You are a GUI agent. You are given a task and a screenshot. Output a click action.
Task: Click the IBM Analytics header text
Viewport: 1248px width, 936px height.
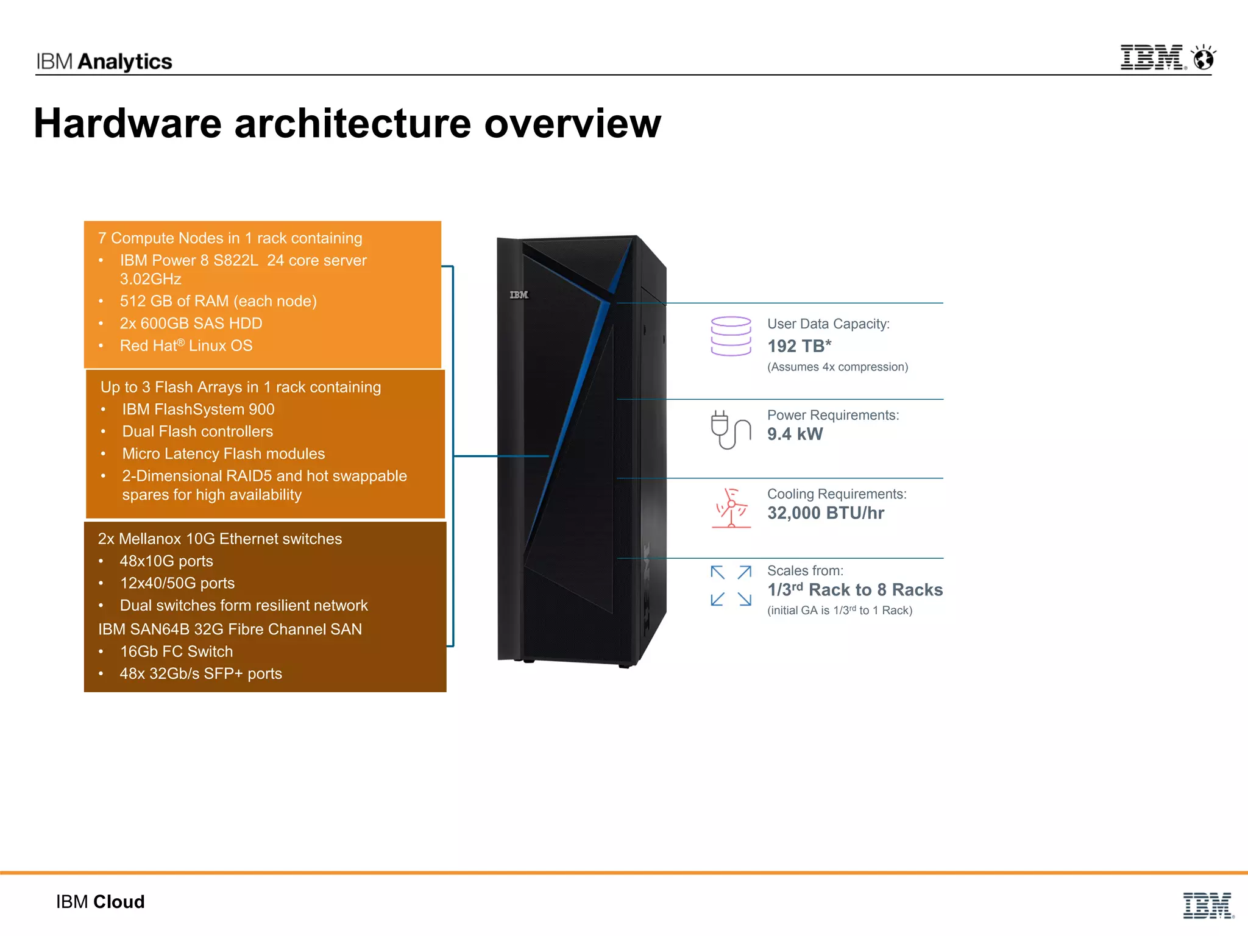click(x=104, y=62)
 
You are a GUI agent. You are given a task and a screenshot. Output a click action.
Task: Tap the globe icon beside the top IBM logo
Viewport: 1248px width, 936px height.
click(x=1204, y=58)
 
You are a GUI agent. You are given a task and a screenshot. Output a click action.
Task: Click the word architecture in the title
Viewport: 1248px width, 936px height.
click(x=353, y=124)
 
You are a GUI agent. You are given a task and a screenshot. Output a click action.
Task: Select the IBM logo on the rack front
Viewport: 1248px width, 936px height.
click(x=519, y=295)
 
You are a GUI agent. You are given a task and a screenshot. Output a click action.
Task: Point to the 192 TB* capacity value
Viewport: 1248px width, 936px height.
click(x=799, y=346)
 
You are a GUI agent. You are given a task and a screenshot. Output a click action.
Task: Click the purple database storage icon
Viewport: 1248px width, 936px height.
click(x=731, y=336)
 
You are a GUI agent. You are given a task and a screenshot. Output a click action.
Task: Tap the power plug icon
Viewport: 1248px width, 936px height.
click(x=730, y=430)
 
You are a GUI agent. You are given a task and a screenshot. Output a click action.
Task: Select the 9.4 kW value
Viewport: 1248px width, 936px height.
click(x=795, y=434)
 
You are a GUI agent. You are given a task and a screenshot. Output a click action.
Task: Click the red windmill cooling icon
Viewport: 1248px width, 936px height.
click(x=731, y=508)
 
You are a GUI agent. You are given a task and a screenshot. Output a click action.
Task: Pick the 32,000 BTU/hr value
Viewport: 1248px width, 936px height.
click(x=825, y=513)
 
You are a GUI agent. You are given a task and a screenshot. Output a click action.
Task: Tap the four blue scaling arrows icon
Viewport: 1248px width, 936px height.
click(x=731, y=586)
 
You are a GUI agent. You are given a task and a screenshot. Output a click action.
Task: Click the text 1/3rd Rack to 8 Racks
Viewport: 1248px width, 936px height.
click(x=854, y=590)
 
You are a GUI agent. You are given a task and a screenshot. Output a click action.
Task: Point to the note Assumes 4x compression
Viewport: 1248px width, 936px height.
click(x=837, y=367)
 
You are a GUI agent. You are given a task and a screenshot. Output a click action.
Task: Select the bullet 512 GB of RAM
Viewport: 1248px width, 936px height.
click(x=218, y=301)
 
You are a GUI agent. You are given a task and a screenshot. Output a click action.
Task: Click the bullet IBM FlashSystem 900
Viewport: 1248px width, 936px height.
click(x=198, y=409)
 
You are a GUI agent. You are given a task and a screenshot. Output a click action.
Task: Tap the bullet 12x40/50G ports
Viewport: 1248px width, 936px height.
click(x=177, y=583)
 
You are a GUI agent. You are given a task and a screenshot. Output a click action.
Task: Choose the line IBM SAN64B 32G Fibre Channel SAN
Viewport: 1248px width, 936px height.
click(x=230, y=629)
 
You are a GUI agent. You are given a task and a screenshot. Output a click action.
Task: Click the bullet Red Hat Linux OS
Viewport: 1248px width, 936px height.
click(x=186, y=346)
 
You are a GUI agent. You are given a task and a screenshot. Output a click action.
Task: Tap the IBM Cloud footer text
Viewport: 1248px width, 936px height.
click(x=101, y=902)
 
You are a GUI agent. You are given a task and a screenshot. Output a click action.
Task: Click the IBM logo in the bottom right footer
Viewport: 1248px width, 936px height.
click(x=1207, y=906)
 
